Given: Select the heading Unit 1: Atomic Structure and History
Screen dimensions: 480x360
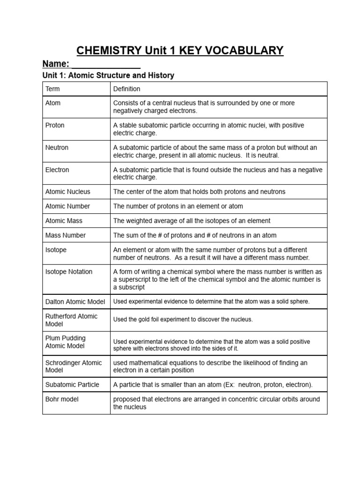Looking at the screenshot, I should (108, 75).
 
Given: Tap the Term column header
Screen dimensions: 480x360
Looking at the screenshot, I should (52, 89).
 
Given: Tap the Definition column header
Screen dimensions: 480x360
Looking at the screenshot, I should (127, 89).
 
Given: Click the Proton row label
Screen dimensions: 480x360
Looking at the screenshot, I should (55, 125).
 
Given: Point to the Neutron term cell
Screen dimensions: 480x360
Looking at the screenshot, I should (57, 147).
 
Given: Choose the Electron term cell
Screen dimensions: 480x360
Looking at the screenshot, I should (57, 170).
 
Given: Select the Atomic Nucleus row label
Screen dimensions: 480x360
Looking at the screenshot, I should (67, 192).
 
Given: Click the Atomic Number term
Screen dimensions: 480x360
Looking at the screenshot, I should (67, 206).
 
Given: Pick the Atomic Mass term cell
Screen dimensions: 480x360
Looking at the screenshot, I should (65, 221).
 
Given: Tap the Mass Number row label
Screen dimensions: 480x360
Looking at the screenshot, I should (66, 235).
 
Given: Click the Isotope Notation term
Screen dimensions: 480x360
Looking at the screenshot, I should (69, 271).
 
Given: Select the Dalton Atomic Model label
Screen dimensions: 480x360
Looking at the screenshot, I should (75, 301).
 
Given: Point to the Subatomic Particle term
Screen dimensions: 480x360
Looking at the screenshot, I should (72, 384).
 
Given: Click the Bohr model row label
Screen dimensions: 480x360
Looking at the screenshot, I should (62, 399).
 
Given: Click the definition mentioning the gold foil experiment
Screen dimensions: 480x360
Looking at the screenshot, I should (183, 320).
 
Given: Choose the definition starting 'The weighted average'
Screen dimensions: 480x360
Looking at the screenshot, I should (192, 221).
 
